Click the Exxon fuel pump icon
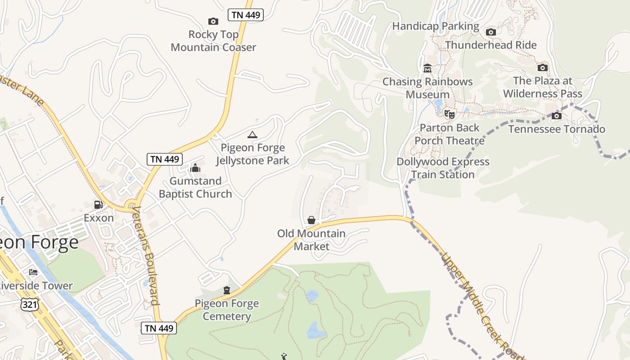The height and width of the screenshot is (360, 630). tap(98, 205)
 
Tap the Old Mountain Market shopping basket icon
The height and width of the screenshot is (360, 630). tap(311, 220)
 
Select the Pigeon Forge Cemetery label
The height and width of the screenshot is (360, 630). tap(226, 310)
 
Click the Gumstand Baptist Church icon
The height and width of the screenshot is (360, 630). tap(195, 168)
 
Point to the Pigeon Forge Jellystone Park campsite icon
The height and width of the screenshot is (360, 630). tap(252, 135)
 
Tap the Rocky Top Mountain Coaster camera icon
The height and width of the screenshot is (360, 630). tap(213, 21)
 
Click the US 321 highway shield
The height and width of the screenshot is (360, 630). tap(29, 305)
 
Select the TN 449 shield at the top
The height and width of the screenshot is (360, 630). tap(245, 15)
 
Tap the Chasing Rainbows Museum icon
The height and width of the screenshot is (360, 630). tap(427, 68)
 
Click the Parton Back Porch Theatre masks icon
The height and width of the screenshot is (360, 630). tap(449, 114)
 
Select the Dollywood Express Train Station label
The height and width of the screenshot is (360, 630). tap(443, 168)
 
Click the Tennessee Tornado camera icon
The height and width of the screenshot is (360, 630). tap(557, 116)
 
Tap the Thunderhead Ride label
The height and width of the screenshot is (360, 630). tap(490, 45)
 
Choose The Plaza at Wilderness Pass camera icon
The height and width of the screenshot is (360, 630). tap(543, 67)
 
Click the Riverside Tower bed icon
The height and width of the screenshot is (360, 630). tap(33, 272)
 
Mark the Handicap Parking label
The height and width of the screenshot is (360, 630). tap(436, 26)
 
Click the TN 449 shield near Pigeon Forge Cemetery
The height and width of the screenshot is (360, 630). tap(159, 328)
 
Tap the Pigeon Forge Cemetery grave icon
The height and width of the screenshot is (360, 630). tap(227, 290)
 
